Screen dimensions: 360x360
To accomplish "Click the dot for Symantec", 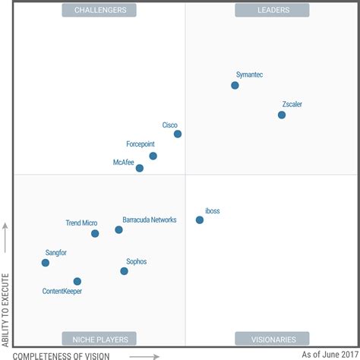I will (235, 85).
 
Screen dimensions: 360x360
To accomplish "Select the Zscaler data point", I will (282, 115).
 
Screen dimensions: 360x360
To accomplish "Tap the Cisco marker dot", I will (178, 134).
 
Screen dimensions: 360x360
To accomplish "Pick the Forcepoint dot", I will (153, 156).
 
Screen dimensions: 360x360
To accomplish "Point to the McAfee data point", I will (140, 168).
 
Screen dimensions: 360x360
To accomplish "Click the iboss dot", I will (200, 219).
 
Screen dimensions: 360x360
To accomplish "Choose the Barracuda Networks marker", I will (119, 229).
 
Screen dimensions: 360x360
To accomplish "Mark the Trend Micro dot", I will (95, 233).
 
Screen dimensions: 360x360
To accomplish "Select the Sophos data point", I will (125, 270).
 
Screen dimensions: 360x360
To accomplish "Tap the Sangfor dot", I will (46, 263).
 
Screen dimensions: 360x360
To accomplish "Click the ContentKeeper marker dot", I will (77, 281).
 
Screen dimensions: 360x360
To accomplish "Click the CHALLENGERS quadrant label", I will (99, 10).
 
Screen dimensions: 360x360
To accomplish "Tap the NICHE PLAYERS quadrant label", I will (99, 339).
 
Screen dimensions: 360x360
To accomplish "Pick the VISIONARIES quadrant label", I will (272, 339).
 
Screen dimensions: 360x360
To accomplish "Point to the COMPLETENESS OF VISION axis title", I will (62, 355).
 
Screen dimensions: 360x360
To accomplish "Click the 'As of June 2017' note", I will (328, 354).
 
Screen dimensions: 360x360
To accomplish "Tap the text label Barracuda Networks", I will (150, 219).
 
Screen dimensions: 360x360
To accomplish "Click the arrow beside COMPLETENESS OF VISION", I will (144, 355).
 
